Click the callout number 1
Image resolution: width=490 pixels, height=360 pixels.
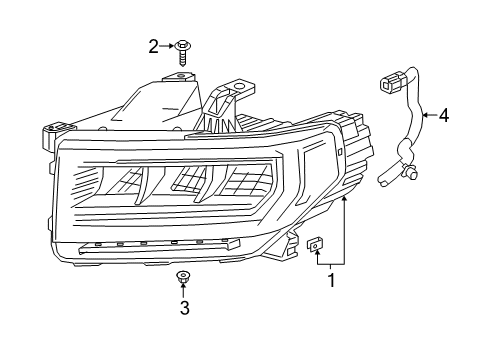coord(331,281)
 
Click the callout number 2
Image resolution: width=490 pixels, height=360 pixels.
coord(154,44)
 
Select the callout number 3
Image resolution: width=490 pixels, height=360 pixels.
coord(184,308)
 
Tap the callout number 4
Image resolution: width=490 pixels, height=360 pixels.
coord(443,115)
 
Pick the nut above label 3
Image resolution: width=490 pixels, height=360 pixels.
coord(183,275)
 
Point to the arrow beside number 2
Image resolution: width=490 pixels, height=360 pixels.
coord(168,45)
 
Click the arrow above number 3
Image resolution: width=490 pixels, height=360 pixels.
coord(184,290)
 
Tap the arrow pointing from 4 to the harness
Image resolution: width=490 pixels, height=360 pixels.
coord(428,116)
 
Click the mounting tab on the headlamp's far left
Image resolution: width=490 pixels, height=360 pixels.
coord(56,130)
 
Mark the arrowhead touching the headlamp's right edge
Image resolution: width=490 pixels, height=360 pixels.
coord(343,199)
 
